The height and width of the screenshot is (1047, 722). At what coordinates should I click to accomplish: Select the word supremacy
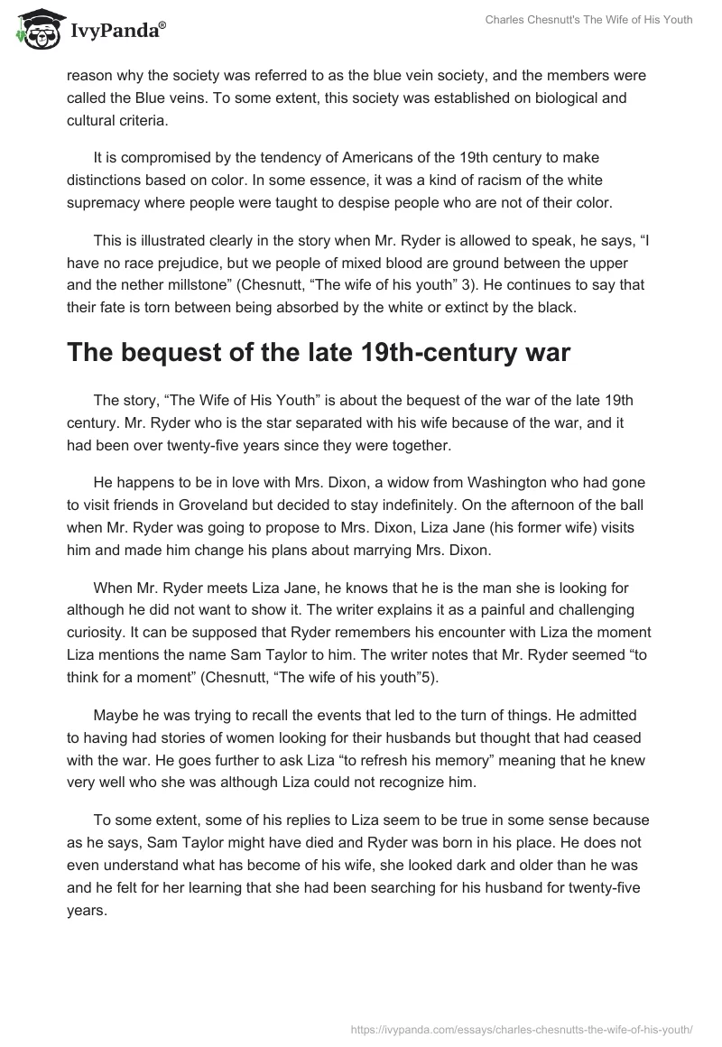tap(106, 201)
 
